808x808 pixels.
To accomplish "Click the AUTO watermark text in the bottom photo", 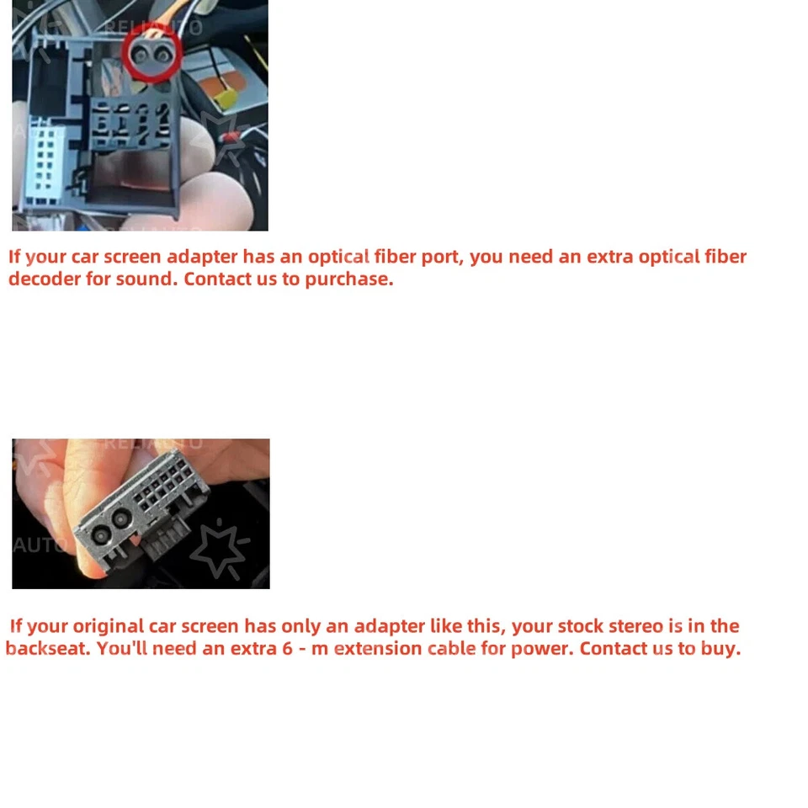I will tap(39, 545).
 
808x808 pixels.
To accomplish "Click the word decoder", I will tap(45, 279).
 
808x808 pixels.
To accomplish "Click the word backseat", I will tap(48, 649).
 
